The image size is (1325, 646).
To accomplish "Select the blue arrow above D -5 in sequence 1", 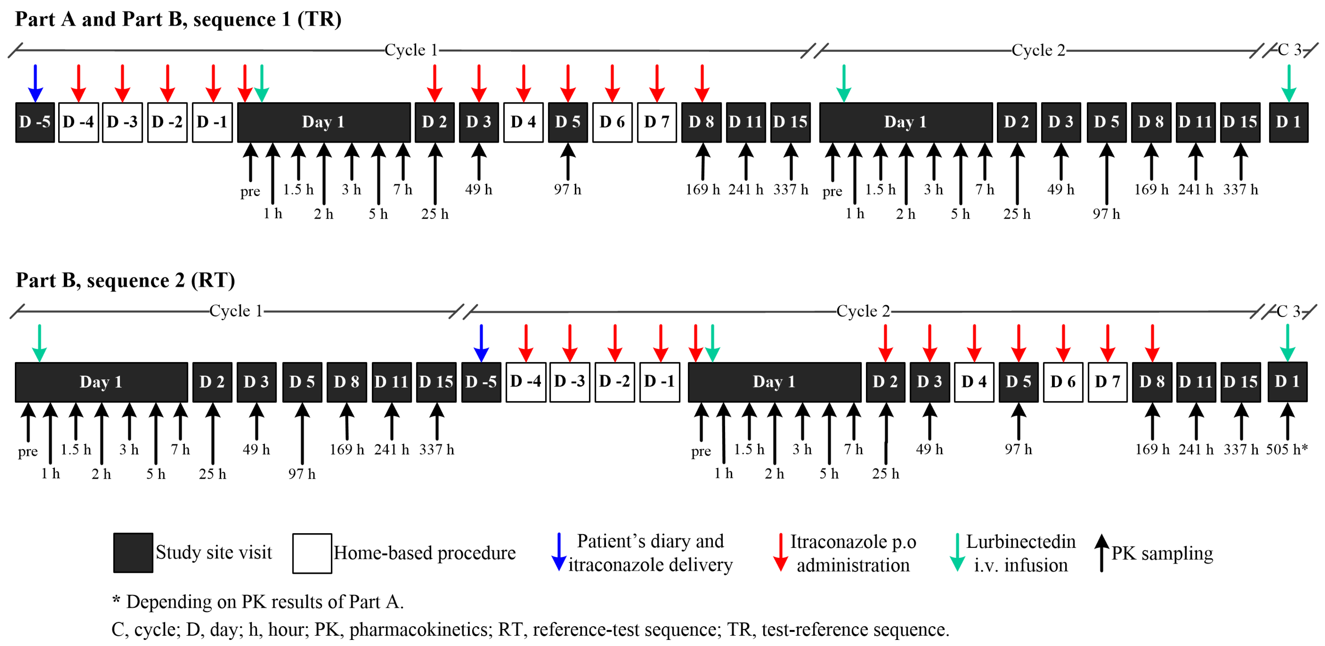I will tap(35, 83).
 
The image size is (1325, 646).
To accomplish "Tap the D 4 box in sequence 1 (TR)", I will tap(523, 122).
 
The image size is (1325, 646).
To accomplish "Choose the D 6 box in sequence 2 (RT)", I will tap(1063, 382).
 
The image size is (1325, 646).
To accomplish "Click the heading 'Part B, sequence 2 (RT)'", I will tap(125, 280).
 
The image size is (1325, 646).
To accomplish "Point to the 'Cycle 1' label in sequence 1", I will tap(411, 50).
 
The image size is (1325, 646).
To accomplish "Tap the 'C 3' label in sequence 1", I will tap(1290, 50).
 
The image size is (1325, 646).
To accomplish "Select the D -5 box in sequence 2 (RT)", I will tap(481, 382).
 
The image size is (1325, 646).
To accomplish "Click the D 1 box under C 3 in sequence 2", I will tap(1287, 382).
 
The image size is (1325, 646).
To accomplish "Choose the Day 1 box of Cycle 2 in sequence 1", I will tap(905, 122).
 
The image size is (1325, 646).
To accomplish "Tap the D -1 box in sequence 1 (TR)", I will tap(212, 122).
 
